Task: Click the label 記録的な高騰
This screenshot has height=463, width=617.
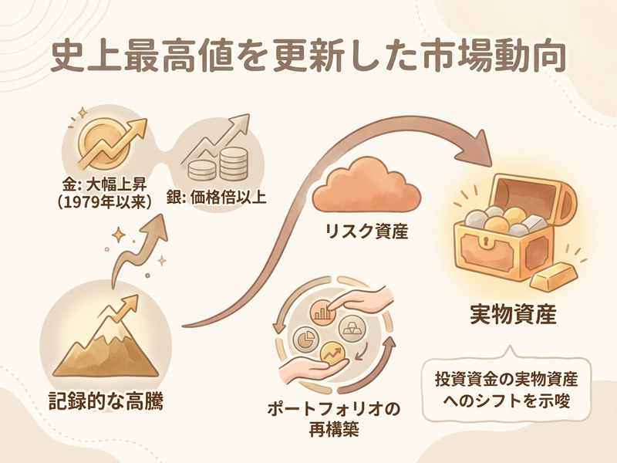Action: pos(106,402)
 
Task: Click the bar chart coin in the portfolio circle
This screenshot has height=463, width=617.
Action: pos(322,312)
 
